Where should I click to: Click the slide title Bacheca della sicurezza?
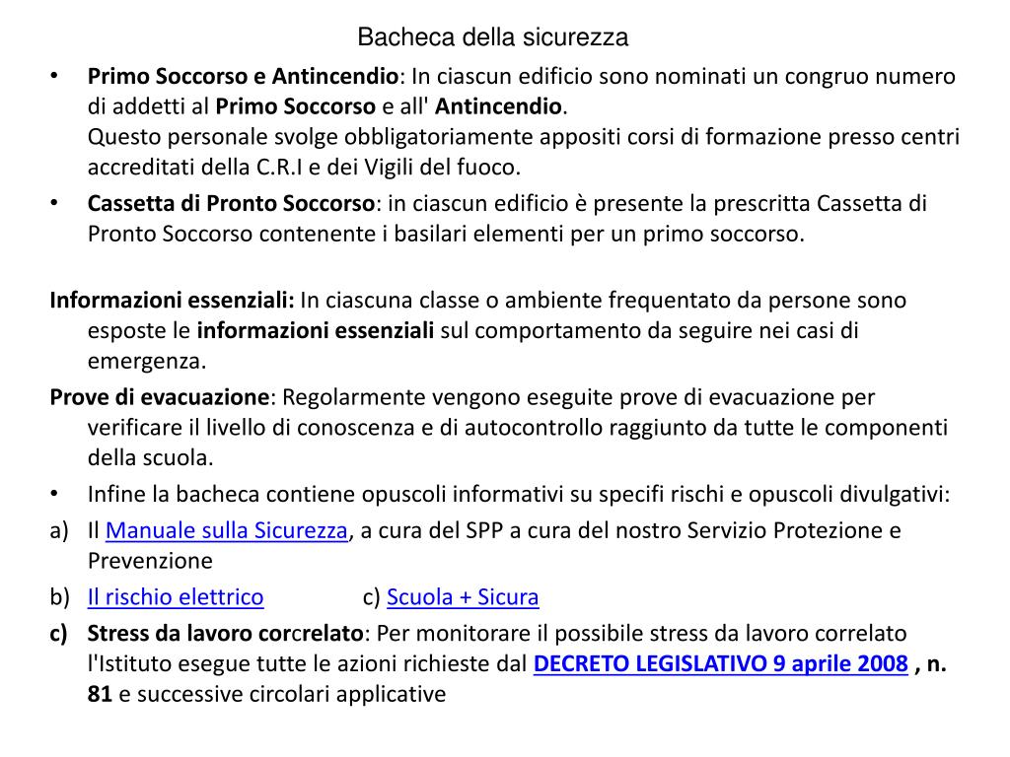pos(492,37)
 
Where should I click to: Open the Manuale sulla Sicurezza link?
pos(227,530)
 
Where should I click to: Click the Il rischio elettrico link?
pos(176,596)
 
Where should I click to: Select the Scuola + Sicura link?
pos(463,596)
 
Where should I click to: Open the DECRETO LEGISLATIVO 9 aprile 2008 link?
pos(720,663)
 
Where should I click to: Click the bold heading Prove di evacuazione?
pos(160,397)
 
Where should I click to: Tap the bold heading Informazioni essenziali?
pos(173,300)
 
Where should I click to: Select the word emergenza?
pos(147,361)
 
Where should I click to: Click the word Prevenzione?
pos(150,561)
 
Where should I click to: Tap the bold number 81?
pos(100,694)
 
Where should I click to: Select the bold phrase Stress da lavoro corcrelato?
pos(226,633)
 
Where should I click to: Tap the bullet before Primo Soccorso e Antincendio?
pos(56,76)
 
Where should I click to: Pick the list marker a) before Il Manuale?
pos(59,530)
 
